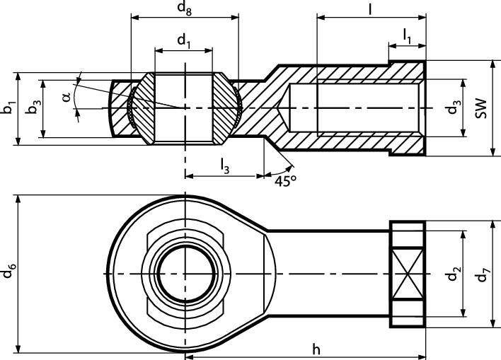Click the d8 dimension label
(x=184, y=9)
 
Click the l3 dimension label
(x=224, y=166)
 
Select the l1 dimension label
(x=408, y=34)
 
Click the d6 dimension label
(x=8, y=272)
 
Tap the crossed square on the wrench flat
(x=408, y=274)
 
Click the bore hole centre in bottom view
(x=185, y=274)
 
